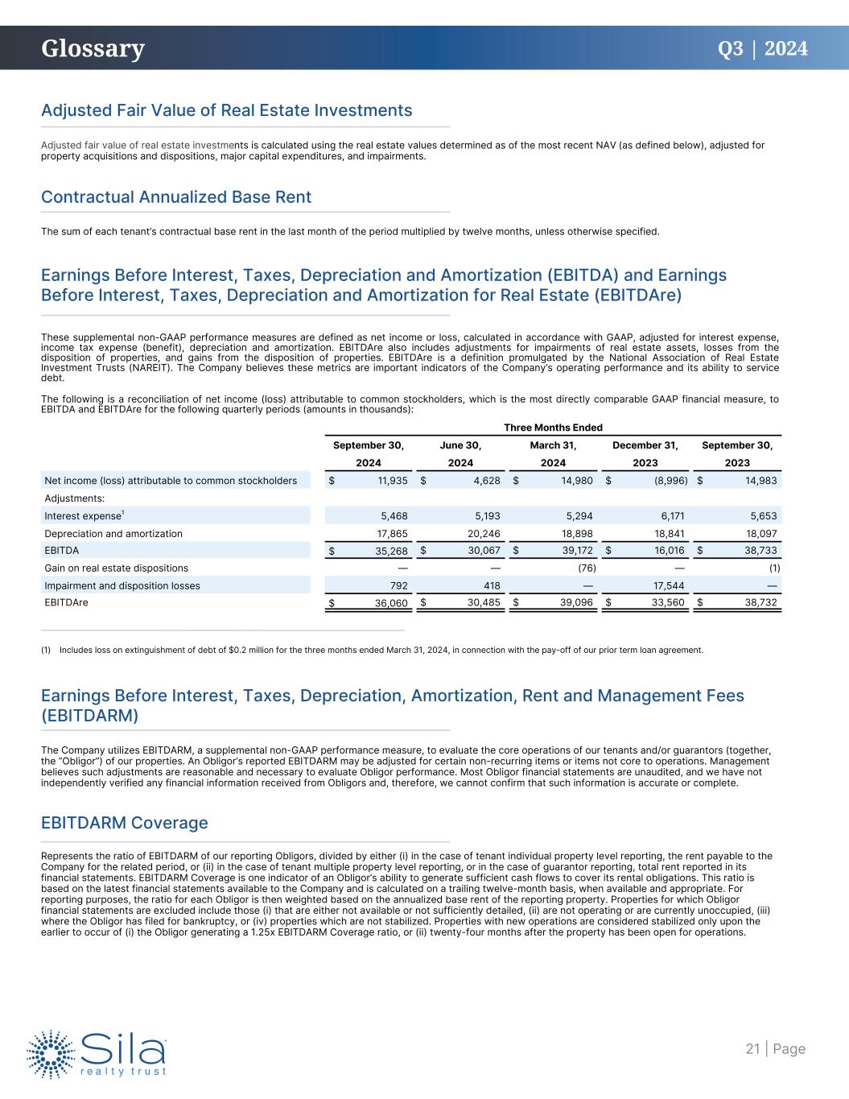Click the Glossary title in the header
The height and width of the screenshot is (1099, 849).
(93, 49)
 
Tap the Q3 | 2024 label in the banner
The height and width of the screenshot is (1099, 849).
(762, 49)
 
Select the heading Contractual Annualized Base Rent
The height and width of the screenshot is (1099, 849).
(176, 197)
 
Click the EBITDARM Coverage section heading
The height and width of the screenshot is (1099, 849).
(125, 823)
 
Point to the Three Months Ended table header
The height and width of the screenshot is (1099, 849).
(553, 428)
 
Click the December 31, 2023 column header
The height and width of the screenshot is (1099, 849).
(645, 453)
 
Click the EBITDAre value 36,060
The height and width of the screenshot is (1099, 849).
(391, 604)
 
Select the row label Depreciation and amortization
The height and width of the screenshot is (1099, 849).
(113, 534)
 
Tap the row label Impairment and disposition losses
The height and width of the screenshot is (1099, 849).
(122, 586)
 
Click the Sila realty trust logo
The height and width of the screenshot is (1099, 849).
(97, 1052)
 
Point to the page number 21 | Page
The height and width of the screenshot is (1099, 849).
(775, 1048)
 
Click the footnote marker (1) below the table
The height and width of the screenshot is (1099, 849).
(46, 650)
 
